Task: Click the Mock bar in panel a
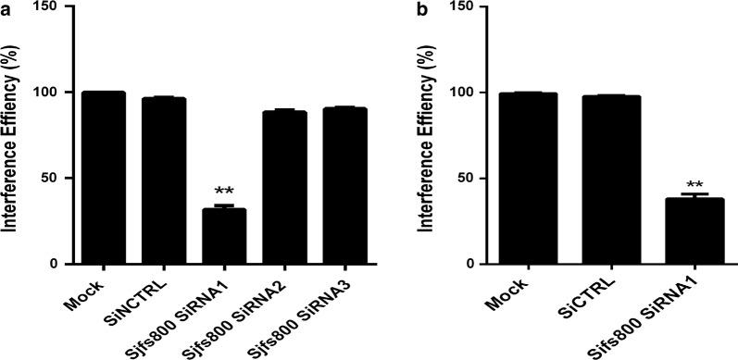(103, 178)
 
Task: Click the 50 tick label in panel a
(61, 178)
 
